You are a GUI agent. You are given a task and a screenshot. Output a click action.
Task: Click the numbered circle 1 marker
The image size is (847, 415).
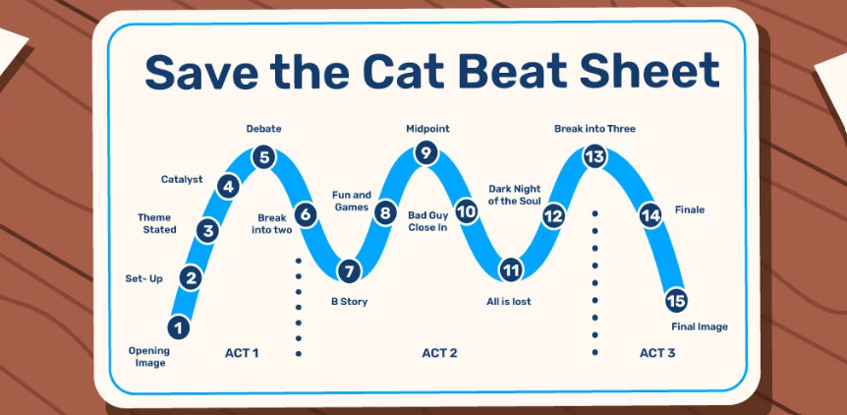(179, 327)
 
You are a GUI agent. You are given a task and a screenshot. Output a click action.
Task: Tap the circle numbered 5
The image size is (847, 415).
(264, 157)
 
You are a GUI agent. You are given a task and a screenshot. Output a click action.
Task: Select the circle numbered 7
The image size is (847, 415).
(350, 270)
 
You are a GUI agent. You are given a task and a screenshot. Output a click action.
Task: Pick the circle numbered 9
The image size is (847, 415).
(426, 153)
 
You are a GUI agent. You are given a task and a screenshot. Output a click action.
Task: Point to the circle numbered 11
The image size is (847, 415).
(511, 269)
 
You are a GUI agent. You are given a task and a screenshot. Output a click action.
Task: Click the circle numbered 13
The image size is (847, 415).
(594, 156)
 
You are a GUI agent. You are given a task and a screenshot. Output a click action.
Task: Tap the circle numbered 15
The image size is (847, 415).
(676, 301)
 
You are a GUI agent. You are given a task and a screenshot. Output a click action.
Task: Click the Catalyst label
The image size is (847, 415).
(182, 179)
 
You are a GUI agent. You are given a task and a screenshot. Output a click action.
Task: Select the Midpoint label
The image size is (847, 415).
(427, 129)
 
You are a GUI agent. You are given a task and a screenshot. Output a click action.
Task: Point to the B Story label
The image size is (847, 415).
(350, 302)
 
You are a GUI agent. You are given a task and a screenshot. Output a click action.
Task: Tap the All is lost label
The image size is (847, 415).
(509, 302)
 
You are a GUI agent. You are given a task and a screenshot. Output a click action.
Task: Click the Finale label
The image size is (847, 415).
(690, 209)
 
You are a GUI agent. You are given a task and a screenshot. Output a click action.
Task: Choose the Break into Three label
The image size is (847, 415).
(594, 129)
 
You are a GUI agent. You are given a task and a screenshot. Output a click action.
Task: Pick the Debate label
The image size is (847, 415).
(264, 129)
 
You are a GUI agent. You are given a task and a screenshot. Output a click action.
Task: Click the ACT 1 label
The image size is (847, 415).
(242, 353)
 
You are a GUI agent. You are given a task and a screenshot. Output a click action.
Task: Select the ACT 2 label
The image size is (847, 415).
(439, 353)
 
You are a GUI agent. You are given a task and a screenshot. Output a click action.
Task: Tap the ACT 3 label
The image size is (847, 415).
(657, 353)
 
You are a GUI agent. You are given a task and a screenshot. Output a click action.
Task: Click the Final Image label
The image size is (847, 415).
(700, 326)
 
